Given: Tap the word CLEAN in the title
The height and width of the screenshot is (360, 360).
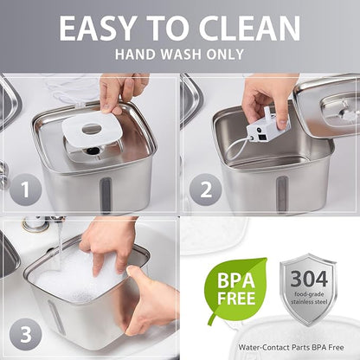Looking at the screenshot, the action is pyautogui.click(x=249, y=28).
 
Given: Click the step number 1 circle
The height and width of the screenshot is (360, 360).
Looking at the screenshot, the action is pyautogui.click(x=26, y=190).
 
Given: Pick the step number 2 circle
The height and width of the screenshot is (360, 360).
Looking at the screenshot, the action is pyautogui.click(x=205, y=190).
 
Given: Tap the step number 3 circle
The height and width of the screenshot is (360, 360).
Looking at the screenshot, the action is pyautogui.click(x=26, y=334).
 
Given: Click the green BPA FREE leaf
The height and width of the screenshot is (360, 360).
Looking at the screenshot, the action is pyautogui.click(x=235, y=288).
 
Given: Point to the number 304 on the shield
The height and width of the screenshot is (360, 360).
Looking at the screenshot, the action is pyautogui.click(x=309, y=279).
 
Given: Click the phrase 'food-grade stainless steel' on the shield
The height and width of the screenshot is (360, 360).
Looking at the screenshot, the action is pyautogui.click(x=309, y=298).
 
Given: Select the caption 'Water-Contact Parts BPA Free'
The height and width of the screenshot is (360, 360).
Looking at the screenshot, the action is pyautogui.click(x=291, y=347).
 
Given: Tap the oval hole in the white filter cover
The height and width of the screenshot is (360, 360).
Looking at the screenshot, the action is pyautogui.click(x=92, y=129).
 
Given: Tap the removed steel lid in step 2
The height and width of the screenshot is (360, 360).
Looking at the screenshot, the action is pyautogui.click(x=328, y=107).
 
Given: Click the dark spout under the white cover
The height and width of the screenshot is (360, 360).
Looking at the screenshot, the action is pyautogui.click(x=93, y=150).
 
